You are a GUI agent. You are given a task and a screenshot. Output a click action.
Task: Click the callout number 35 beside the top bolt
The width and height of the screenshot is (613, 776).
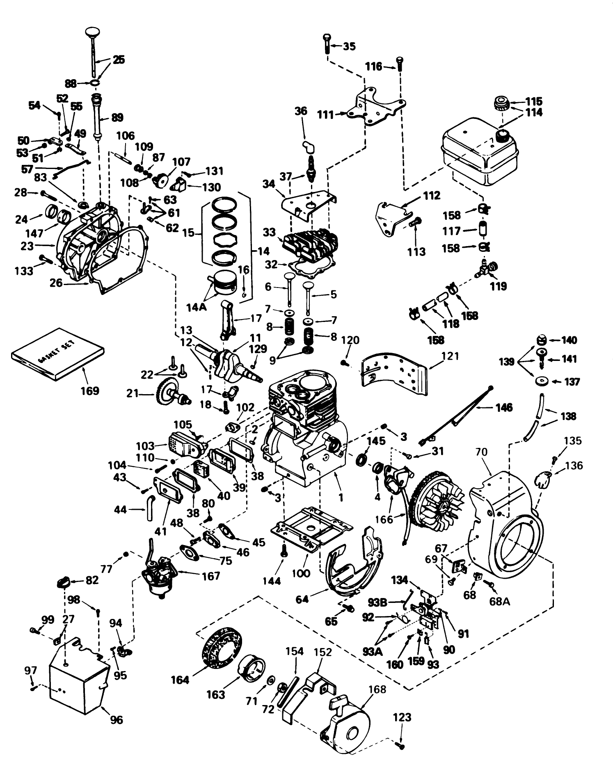point(349,46)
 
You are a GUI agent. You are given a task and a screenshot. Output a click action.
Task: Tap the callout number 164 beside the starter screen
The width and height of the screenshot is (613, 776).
point(180,680)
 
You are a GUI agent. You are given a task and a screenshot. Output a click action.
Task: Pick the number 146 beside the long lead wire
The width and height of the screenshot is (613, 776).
point(503,407)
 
